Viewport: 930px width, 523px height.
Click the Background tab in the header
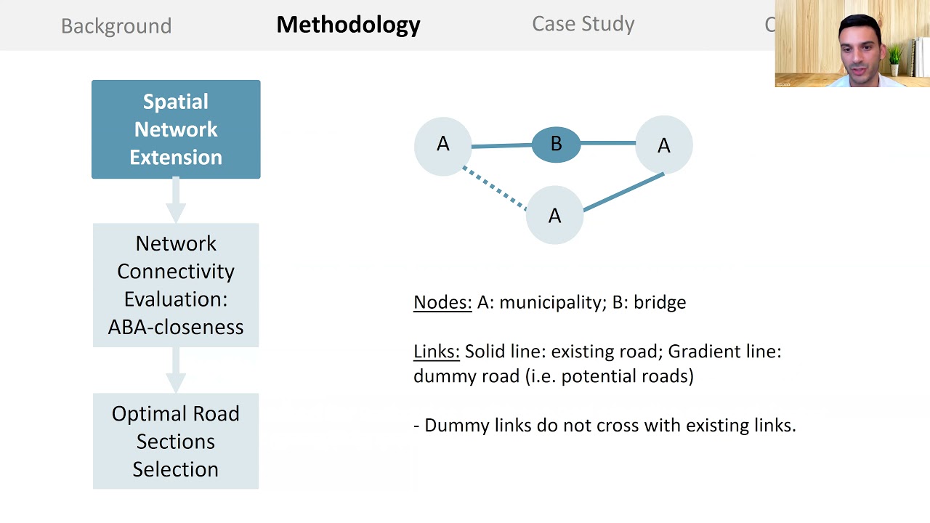[116, 25]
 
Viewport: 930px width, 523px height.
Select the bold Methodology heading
[348, 25]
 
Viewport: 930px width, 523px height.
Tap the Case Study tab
[583, 24]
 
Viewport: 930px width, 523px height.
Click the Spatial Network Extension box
[176, 129]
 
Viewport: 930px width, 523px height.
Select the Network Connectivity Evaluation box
[176, 285]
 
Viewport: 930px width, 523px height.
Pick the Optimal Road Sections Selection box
[176, 441]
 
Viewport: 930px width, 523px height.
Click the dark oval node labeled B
[556, 144]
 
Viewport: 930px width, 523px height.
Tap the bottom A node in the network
[554, 215]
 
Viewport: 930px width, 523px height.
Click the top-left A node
[442, 145]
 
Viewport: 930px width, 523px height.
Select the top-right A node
[663, 146]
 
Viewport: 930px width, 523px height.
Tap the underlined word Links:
[436, 352]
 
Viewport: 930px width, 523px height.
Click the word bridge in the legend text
[660, 302]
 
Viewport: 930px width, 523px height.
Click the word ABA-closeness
[176, 327]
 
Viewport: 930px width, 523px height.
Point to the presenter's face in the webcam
[860, 46]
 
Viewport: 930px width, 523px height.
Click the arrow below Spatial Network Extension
[176, 200]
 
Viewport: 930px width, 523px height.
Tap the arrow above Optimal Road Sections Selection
[176, 370]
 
